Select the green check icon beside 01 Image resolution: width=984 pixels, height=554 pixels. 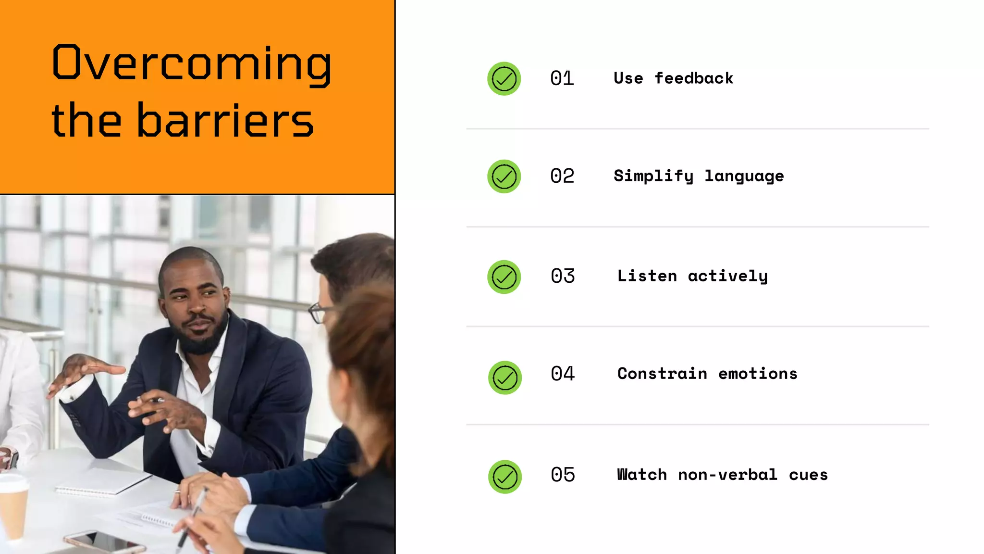(x=504, y=78)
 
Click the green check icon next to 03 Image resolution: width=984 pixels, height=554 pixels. (x=504, y=277)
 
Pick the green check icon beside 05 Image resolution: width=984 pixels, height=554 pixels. (x=505, y=477)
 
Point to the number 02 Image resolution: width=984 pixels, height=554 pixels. (x=562, y=176)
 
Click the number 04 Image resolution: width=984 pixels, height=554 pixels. (x=563, y=374)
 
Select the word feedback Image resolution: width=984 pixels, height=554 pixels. (x=694, y=78)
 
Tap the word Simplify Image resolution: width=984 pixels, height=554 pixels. (x=653, y=176)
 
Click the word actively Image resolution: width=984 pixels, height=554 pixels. (x=727, y=276)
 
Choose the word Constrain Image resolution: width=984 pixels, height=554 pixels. (x=662, y=374)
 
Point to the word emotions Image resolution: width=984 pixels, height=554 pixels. (x=758, y=374)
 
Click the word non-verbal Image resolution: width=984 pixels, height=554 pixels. (x=727, y=475)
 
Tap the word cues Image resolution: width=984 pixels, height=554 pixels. (x=808, y=475)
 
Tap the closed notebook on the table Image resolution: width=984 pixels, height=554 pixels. (x=103, y=482)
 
